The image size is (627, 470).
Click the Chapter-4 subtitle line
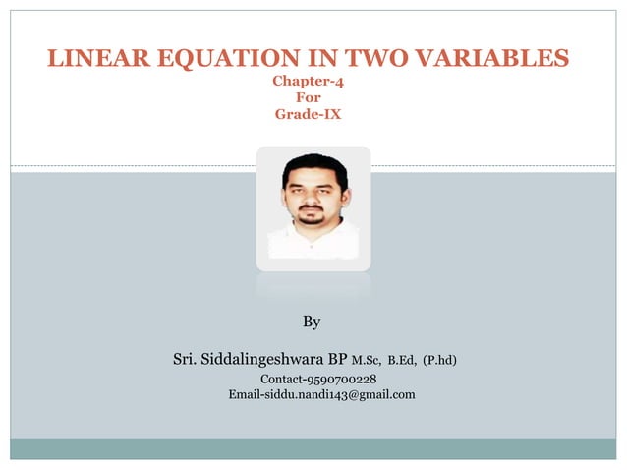[x=308, y=83]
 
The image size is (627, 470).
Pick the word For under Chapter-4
[x=308, y=98]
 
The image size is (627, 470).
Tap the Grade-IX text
[x=308, y=114]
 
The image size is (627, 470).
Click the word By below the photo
[x=312, y=322]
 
